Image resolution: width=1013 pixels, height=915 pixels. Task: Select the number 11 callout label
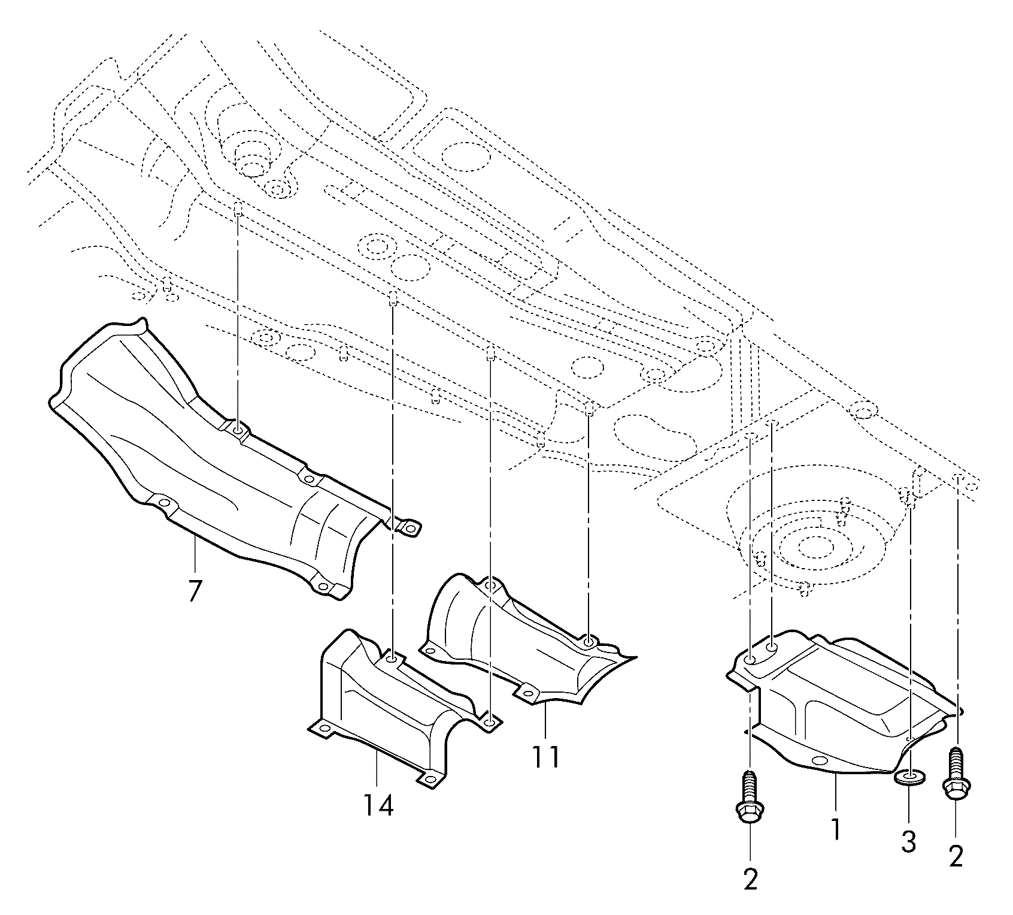pos(545,758)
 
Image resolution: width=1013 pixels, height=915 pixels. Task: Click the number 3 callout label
pos(909,842)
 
